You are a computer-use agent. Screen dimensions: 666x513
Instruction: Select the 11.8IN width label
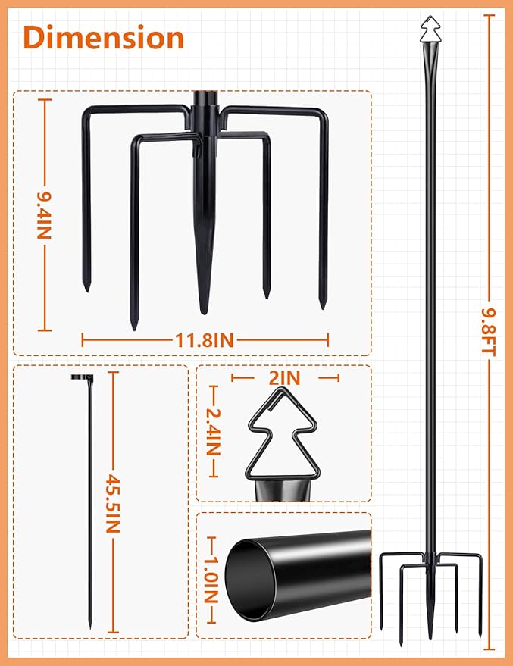pyautogui.click(x=204, y=341)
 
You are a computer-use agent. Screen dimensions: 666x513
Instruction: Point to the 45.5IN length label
pyautogui.click(x=113, y=504)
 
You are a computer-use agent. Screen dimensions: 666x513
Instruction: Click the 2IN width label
pyautogui.click(x=284, y=377)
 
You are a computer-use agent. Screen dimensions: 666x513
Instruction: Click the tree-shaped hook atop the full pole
pyautogui.click(x=430, y=29)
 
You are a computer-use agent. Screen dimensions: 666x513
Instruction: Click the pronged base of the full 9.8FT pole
pyautogui.click(x=430, y=591)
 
